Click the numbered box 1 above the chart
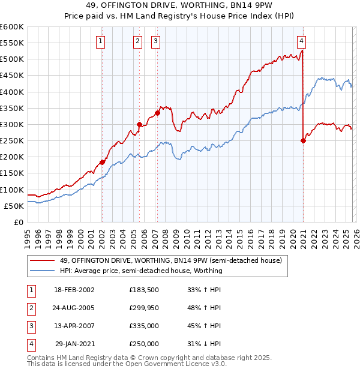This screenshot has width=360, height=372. [100, 41]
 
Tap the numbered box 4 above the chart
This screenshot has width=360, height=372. [301, 41]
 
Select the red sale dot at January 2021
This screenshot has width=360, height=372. [303, 141]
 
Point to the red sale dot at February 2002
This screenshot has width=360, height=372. [102, 162]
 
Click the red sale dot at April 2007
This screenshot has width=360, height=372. [157, 113]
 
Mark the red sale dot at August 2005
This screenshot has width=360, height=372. [139, 124]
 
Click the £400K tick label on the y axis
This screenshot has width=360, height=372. [12, 92]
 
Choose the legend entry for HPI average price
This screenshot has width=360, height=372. [141, 271]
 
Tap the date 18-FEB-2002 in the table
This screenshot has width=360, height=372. [74, 290]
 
